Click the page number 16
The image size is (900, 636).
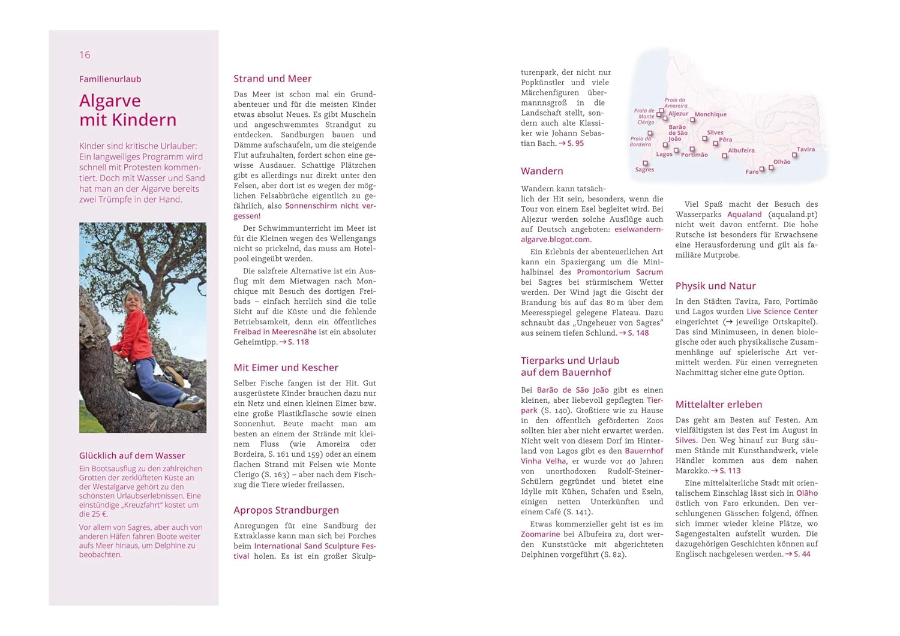point(85,55)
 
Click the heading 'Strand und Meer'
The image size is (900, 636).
point(272,79)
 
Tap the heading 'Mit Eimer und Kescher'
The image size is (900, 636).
point(286,367)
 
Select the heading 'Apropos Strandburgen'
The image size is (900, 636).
point(286,510)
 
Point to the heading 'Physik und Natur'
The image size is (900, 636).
point(715,286)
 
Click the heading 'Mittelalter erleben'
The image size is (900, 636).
point(719,405)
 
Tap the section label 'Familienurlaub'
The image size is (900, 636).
point(110,79)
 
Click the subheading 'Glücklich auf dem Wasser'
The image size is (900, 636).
point(132,456)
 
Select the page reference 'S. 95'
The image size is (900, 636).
point(575,143)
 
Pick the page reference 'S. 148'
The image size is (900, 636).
point(638,333)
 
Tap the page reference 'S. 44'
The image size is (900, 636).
point(802,554)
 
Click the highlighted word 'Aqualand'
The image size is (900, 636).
point(744,215)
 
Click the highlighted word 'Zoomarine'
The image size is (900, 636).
point(540,534)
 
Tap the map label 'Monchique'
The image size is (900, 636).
point(710,114)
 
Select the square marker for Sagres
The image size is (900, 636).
point(646,163)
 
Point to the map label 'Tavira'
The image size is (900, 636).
point(806,149)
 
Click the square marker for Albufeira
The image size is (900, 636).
point(725,156)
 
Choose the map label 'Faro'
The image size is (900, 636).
point(752,172)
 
